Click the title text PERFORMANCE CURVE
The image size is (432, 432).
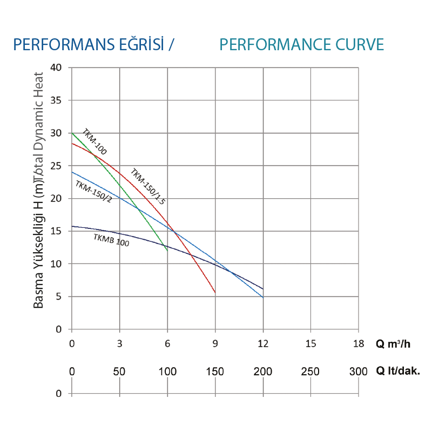click(302, 44)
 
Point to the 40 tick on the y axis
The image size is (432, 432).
click(57, 67)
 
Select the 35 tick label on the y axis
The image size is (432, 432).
click(57, 100)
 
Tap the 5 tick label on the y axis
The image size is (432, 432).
click(59, 296)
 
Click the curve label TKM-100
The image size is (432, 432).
click(94, 142)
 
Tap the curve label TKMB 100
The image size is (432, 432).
click(111, 240)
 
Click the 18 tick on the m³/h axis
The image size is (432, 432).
click(359, 343)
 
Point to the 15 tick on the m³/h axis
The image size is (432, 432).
click(310, 343)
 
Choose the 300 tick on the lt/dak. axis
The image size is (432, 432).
click(359, 372)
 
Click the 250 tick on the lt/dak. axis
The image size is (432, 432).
click(310, 372)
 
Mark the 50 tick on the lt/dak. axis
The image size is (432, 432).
click(120, 372)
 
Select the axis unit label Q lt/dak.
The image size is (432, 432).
click(397, 372)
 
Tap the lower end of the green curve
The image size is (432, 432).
click(167, 251)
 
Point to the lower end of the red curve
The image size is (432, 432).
click(215, 293)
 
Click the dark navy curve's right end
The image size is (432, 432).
click(263, 289)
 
